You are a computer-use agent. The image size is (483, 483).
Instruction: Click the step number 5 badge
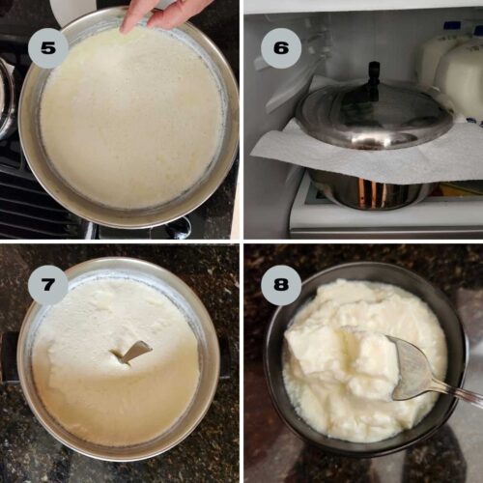click(47, 47)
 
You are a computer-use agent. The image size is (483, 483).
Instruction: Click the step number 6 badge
click(281, 47)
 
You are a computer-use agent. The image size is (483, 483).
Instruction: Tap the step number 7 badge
click(47, 285)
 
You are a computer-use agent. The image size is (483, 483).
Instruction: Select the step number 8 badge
click(281, 285)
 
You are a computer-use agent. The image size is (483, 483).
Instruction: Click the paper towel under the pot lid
click(290, 145)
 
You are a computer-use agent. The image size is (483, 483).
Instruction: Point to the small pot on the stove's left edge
click(6, 97)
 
